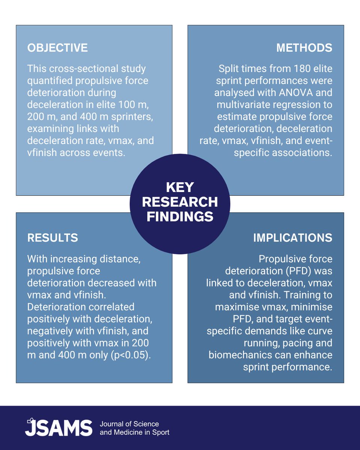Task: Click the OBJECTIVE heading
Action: [x=57, y=48]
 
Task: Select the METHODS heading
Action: [x=304, y=48]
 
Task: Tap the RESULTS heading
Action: [x=52, y=238]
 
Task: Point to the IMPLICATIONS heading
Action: [x=292, y=238]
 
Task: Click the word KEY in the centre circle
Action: [x=180, y=187]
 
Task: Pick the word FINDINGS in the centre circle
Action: [x=180, y=217]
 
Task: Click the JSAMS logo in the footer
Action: [x=58, y=428]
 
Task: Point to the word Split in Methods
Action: [x=229, y=69]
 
